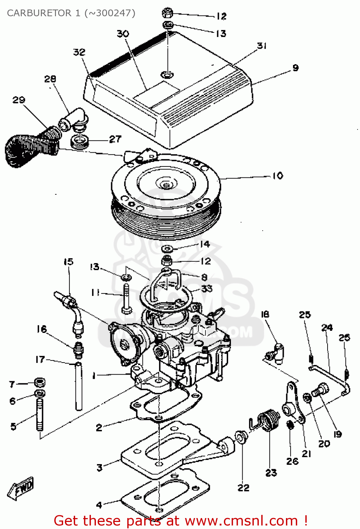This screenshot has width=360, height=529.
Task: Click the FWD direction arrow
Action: point(21,488)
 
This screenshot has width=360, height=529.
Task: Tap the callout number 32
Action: point(79,52)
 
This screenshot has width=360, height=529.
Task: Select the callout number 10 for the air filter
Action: point(277,175)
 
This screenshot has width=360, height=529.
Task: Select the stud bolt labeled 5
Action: point(40,414)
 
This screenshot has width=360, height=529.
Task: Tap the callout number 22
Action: point(243,487)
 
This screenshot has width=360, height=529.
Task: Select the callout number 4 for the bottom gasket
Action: point(99,505)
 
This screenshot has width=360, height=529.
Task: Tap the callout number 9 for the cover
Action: point(295,67)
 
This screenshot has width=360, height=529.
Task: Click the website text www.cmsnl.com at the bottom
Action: point(241,521)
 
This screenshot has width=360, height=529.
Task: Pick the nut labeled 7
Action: point(40,382)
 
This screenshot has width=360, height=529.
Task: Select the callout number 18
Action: point(265,314)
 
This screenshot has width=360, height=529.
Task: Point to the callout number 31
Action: point(262,45)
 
